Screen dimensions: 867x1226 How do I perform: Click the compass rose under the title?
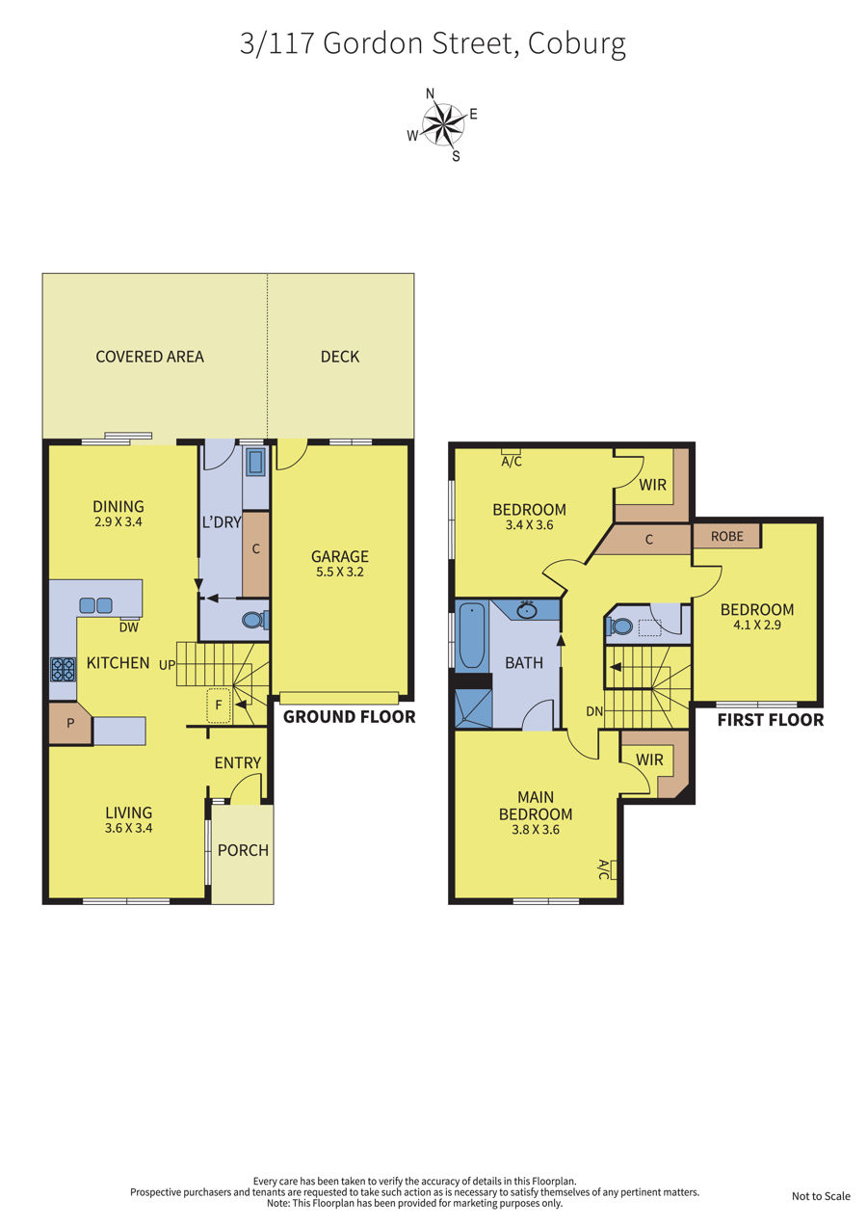pos(444,124)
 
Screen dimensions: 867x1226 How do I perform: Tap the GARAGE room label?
pos(340,557)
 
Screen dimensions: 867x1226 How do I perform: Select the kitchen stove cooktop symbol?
pos(63,669)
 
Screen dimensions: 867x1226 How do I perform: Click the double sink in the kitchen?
pos(95,605)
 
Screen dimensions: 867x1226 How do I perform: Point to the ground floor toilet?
pos(254,620)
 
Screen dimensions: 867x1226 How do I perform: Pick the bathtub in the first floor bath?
pos(471,635)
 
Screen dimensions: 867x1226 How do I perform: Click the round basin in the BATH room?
pos(527,610)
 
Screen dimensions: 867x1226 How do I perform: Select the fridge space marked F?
pos(219,706)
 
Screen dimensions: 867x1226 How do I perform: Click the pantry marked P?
pos(70,723)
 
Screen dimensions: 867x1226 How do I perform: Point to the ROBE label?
pos(727,536)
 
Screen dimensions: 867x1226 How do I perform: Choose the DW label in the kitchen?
pos(129,627)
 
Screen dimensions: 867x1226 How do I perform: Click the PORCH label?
pos(243,850)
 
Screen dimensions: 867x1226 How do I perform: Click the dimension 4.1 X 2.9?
pos(757,625)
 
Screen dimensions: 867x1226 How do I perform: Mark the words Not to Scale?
pos(821,1196)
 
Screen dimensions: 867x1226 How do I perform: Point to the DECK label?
pos(340,357)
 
